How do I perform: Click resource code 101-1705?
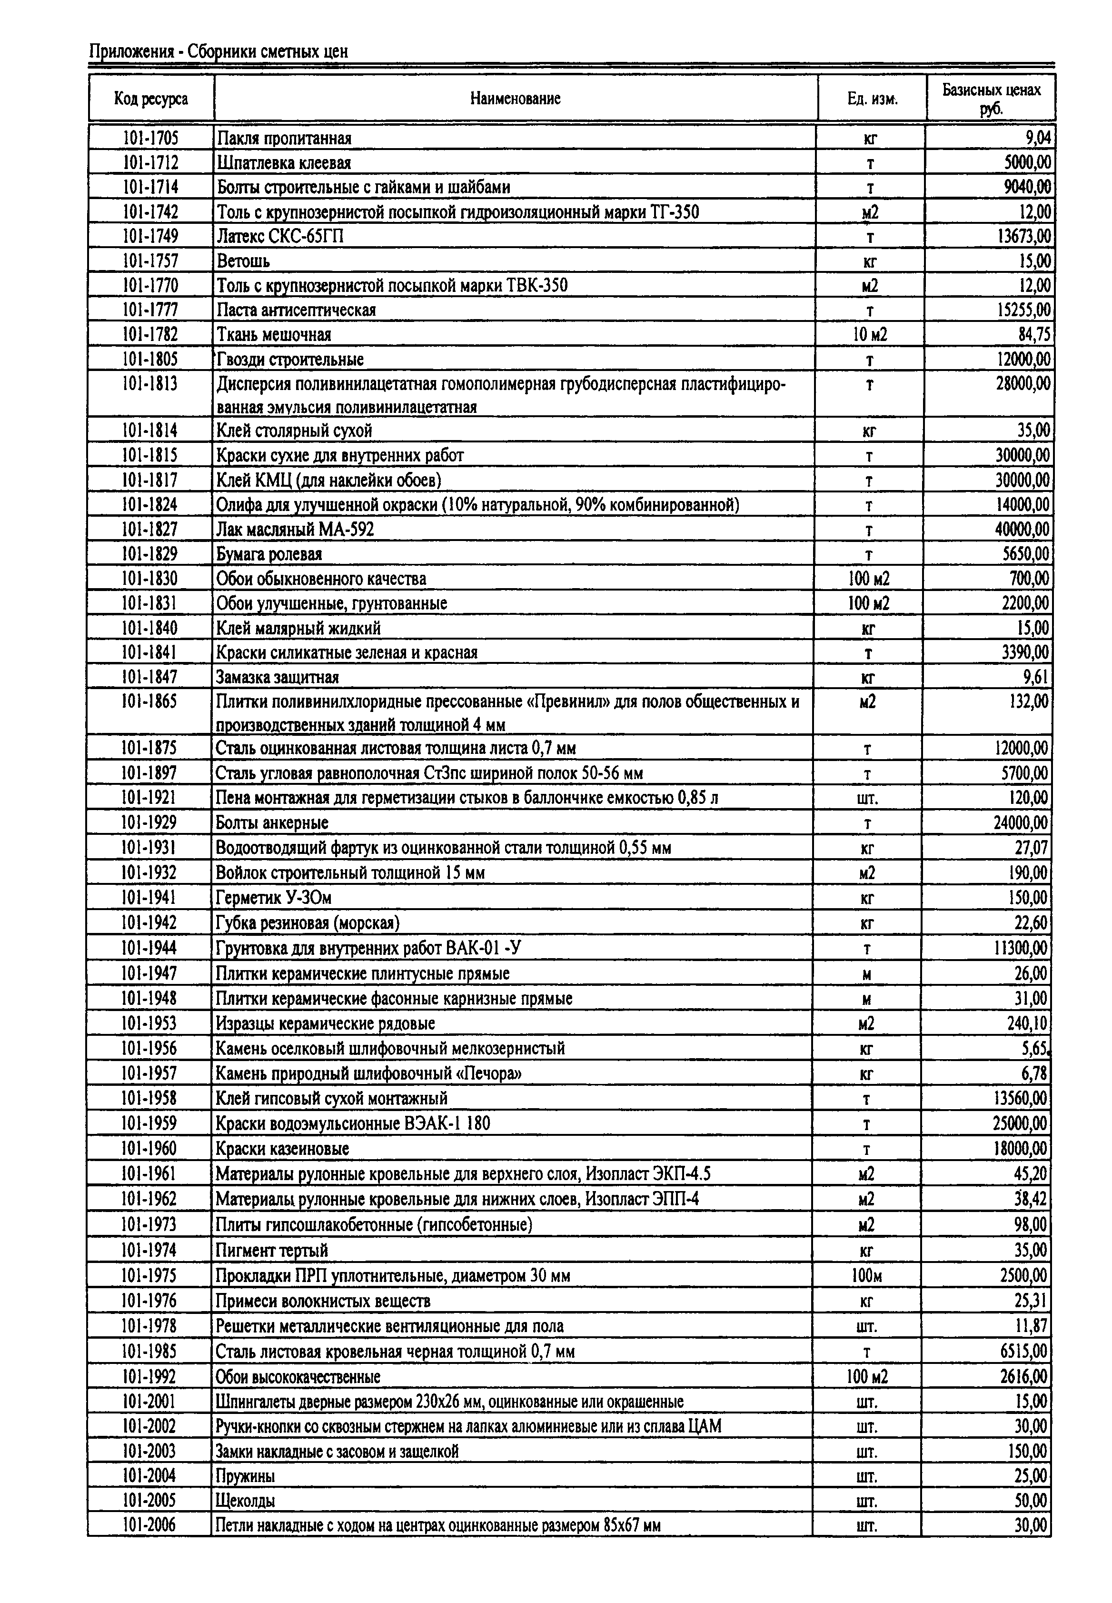[x=150, y=138]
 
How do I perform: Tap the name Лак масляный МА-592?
[x=296, y=530]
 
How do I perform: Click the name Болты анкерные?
[x=272, y=823]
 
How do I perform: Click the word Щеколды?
[x=245, y=1501]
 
